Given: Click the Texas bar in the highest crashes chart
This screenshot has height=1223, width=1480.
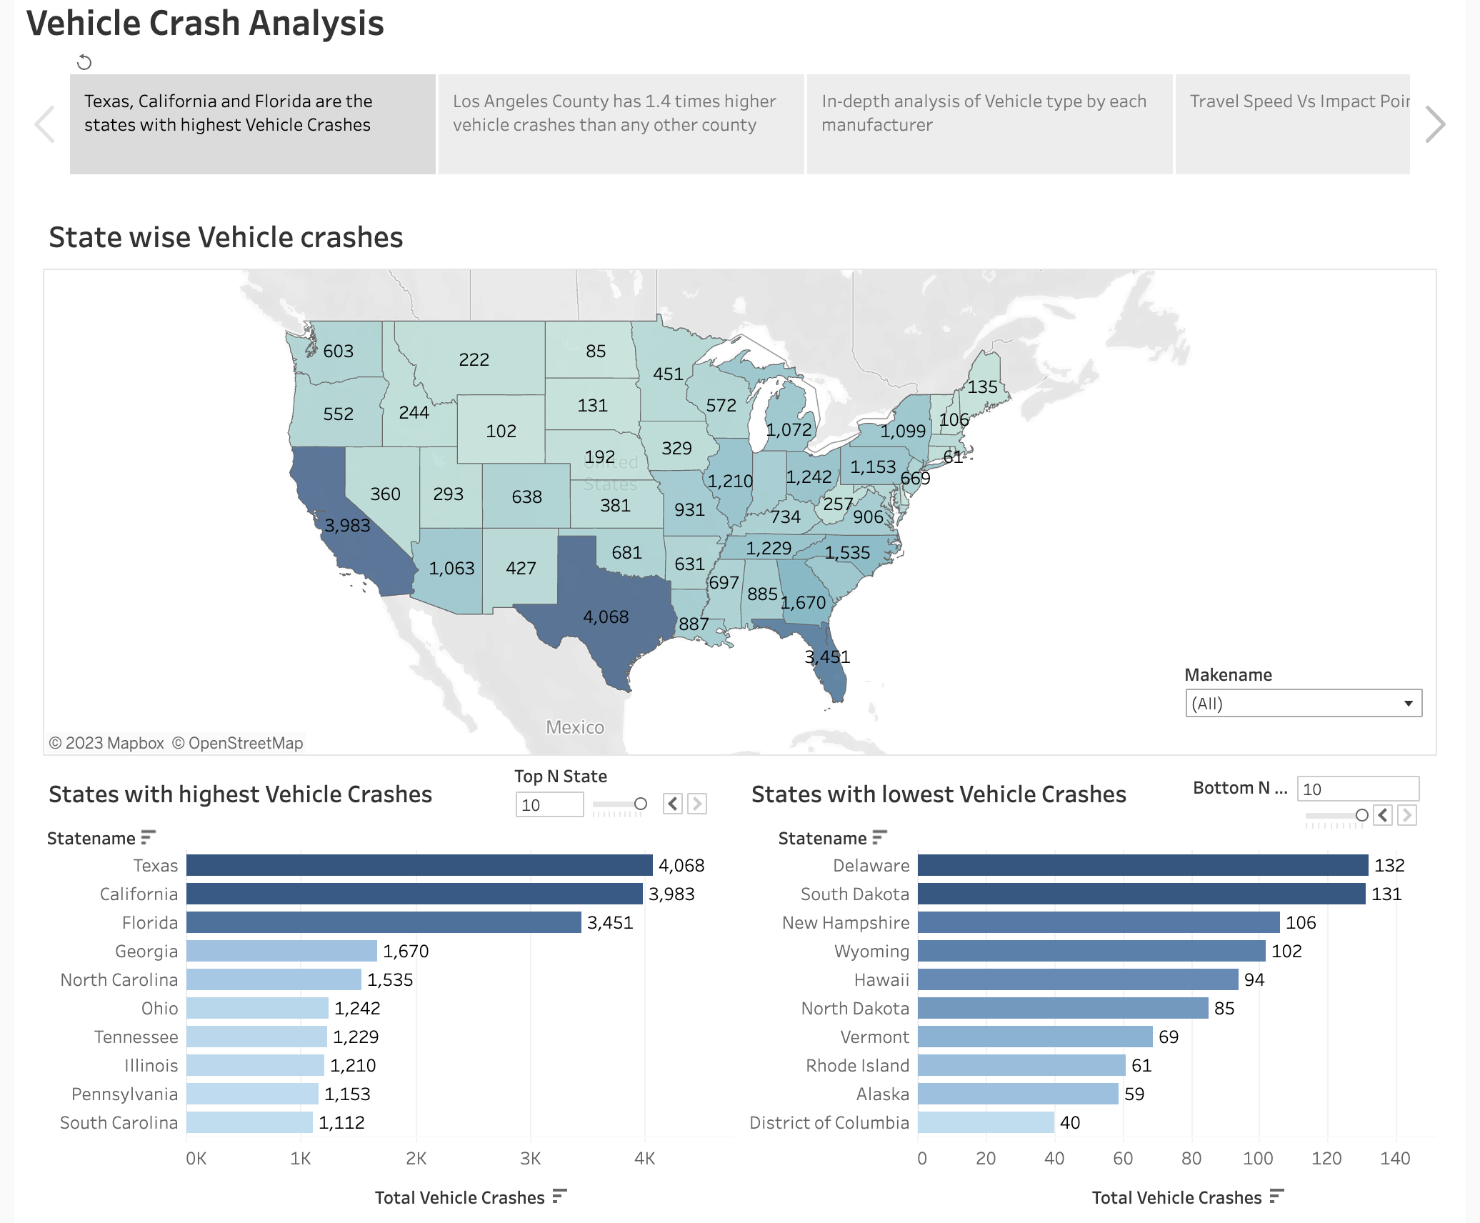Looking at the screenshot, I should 419,865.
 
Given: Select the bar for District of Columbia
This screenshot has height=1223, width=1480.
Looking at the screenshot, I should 986,1122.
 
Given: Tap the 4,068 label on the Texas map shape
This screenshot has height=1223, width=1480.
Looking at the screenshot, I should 606,617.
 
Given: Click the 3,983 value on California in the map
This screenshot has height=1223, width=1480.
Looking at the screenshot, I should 347,526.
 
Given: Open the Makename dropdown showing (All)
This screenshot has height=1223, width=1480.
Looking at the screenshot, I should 1303,703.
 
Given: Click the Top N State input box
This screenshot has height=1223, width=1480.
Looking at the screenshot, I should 549,805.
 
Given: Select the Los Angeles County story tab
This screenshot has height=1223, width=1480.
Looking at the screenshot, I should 621,124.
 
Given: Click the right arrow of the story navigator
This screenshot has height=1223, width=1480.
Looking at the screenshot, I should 1434,124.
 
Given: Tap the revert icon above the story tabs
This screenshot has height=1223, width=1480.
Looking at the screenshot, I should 84,62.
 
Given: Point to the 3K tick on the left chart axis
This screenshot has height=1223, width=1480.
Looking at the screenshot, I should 530,1158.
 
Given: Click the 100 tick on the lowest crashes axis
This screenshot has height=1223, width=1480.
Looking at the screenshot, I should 1258,1158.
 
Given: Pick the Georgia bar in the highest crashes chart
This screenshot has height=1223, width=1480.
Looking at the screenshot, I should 281,951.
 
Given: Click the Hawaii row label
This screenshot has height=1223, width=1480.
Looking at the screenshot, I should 881,979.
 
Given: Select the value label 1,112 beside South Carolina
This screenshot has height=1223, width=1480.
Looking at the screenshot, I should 341,1122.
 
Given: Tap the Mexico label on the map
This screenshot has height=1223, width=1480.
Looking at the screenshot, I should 575,727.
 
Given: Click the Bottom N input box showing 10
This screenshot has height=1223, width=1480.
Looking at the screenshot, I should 1357,789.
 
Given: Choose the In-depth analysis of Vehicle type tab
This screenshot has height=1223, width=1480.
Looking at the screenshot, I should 989,124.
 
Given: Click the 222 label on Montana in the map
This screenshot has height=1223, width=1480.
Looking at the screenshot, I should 474,359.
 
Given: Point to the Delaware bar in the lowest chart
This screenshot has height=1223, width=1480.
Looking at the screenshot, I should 1143,865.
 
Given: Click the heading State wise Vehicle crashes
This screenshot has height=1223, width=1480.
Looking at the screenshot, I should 226,237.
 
